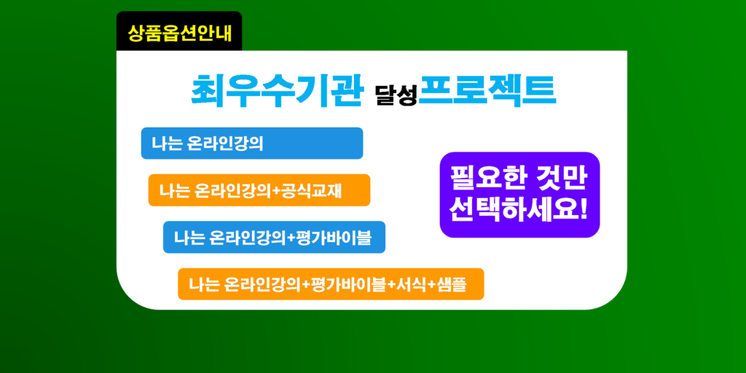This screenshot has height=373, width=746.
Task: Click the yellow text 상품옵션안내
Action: point(179,33)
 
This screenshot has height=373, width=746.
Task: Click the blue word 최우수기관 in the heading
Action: point(276,90)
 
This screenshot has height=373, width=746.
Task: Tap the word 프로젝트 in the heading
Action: point(488,90)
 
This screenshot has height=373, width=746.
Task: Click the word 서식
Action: point(409,285)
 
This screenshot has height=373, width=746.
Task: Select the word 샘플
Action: point(450,285)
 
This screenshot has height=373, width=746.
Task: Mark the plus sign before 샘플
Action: point(430,286)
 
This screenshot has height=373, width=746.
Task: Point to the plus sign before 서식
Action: point(391,286)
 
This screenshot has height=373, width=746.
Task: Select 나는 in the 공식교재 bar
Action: point(175,190)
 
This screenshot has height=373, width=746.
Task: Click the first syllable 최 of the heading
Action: point(208,90)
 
